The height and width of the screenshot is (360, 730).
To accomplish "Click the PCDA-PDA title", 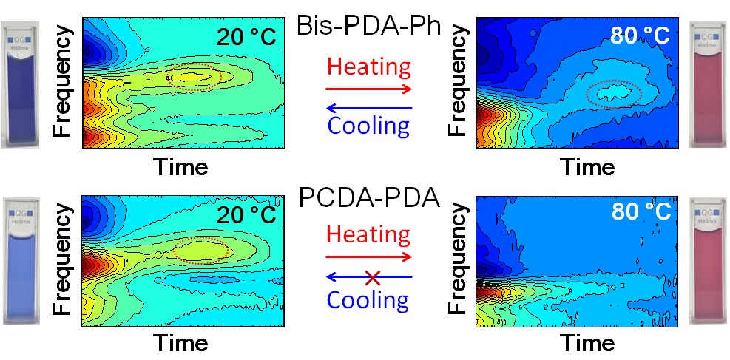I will pos(368,198).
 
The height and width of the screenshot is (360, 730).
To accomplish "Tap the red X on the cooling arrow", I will pos(373,278).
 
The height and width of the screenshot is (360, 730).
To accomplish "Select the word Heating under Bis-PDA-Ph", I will pos(368,67).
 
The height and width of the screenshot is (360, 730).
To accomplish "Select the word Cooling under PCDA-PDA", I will pos(368,299).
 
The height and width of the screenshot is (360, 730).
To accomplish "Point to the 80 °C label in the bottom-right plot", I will pos(641,212).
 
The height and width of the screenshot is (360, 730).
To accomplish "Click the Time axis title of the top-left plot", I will pos(181,167).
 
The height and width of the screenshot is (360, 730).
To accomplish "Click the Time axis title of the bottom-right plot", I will pos(587,343).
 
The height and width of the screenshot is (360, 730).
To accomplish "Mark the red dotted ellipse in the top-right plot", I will pos(613,93).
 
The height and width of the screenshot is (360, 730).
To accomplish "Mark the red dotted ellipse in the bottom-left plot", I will pos(202,250).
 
